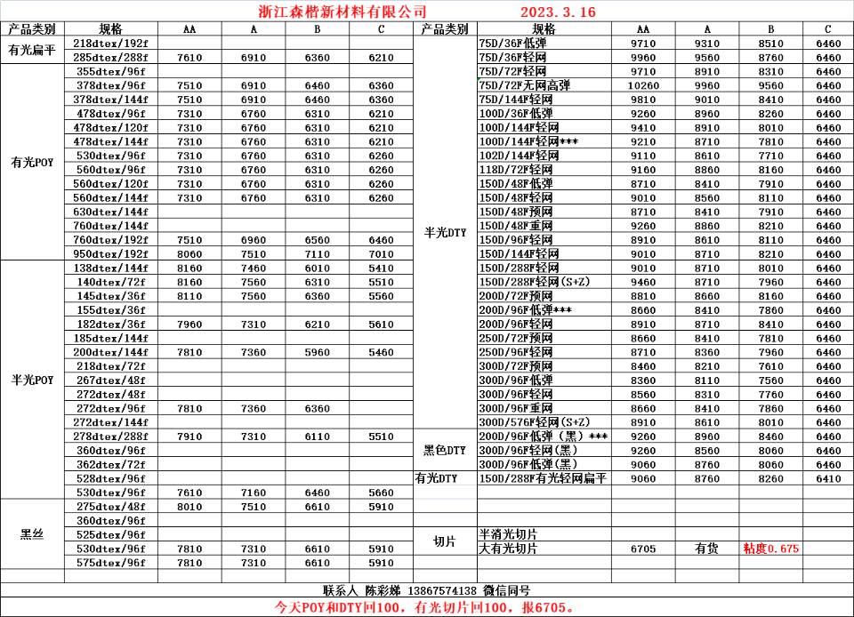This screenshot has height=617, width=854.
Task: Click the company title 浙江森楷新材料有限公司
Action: point(334,12)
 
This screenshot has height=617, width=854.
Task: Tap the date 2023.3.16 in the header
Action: point(557,12)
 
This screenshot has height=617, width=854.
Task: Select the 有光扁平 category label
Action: point(32,50)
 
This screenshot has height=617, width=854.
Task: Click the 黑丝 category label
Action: point(32,534)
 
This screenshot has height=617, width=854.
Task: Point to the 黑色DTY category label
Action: point(444,451)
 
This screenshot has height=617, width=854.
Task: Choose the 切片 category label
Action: point(444,541)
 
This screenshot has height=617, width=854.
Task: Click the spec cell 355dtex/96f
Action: point(111,71)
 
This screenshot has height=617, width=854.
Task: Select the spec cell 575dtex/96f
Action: point(111,563)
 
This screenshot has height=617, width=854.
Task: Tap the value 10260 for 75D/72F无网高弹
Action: point(643,85)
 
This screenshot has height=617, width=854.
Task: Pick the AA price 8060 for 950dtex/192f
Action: point(189,254)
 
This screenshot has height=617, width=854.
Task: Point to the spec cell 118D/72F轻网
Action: point(516,170)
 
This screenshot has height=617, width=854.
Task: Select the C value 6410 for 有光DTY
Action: point(827,478)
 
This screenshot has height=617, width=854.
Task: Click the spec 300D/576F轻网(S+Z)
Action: point(534,422)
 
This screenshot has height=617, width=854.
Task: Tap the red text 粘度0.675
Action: point(770,549)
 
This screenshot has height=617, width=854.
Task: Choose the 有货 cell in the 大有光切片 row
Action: point(706,549)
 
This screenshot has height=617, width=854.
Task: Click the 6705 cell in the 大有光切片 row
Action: point(643,549)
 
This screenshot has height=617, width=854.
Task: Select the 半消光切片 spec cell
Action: point(508,534)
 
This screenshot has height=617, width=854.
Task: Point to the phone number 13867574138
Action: point(441,590)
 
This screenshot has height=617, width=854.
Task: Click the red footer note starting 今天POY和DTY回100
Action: point(427,607)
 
